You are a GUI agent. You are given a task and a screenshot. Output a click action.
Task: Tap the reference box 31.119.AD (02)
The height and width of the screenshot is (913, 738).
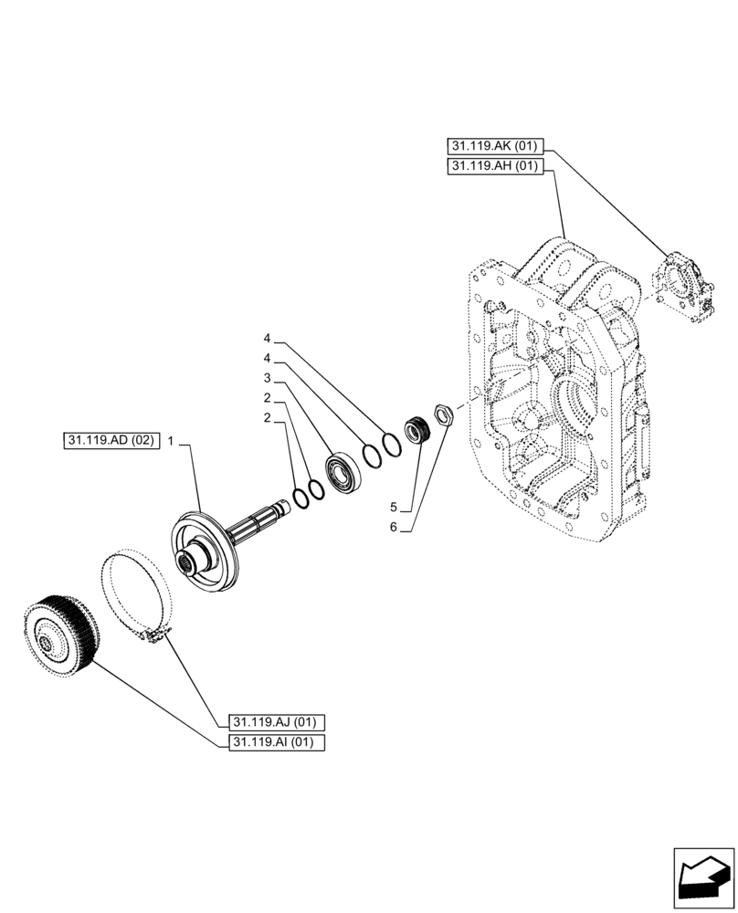point(111,441)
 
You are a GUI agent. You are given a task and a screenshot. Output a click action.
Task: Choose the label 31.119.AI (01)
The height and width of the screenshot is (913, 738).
point(272,742)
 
